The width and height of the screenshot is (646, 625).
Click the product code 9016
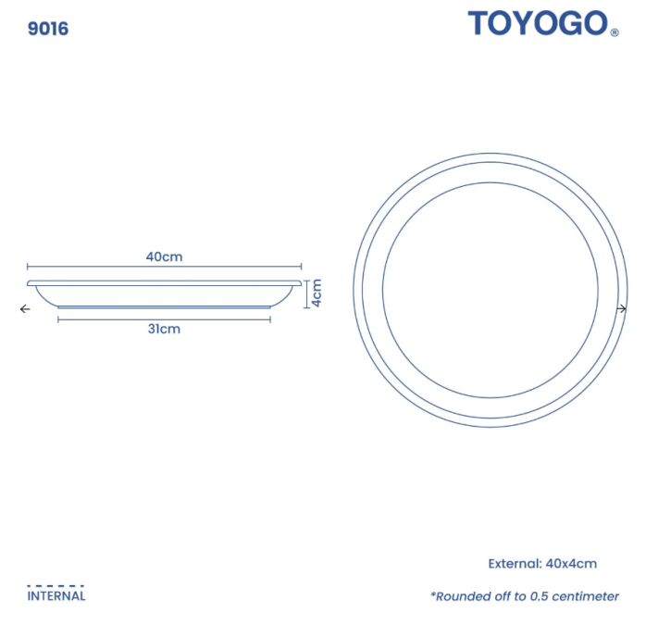click(x=48, y=29)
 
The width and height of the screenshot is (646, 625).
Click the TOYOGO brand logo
click(x=538, y=24)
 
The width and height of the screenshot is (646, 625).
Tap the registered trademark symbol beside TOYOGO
click(x=615, y=32)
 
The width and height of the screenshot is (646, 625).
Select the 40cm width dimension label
click(x=164, y=256)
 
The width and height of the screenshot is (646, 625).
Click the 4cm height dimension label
click(x=316, y=293)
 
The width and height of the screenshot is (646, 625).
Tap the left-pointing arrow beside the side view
click(x=24, y=309)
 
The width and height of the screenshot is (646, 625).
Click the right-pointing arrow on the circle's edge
click(x=622, y=308)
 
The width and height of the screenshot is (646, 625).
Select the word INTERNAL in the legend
click(x=56, y=596)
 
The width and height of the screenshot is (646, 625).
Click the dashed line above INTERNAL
click(x=56, y=585)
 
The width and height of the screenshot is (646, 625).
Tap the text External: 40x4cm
click(x=542, y=563)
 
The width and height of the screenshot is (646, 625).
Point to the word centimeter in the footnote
click(x=583, y=596)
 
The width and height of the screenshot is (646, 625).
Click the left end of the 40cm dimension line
click(x=28, y=268)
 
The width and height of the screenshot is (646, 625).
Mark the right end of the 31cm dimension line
click(x=270, y=319)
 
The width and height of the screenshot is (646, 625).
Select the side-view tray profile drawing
click(x=165, y=294)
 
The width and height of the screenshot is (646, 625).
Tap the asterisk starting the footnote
click(x=432, y=594)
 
